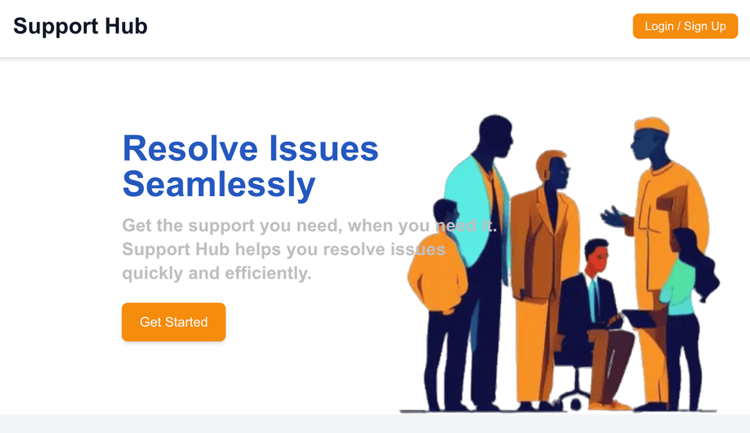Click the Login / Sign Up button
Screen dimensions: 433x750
[x=685, y=26]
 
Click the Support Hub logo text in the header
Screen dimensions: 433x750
[x=81, y=26]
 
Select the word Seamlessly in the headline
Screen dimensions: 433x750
[x=219, y=184]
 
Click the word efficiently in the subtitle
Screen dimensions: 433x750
[x=267, y=273]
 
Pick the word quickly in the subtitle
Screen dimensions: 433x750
[x=152, y=273]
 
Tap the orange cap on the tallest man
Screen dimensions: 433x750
[x=651, y=126]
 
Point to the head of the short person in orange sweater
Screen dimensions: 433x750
[x=444, y=215]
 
